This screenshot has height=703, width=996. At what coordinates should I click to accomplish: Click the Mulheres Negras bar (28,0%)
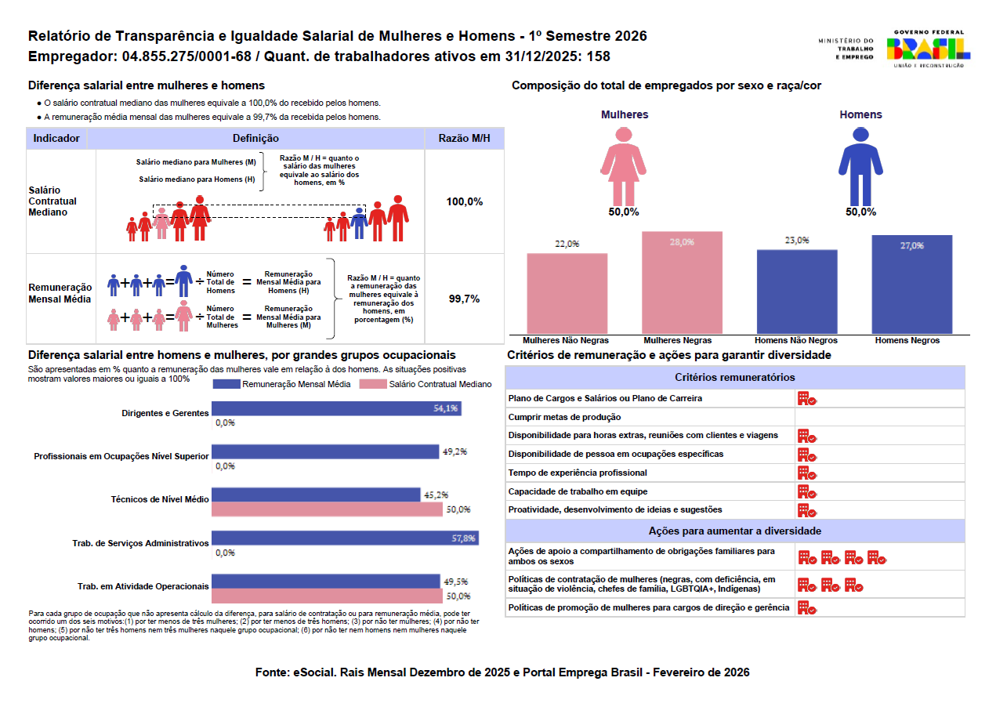click(681, 283)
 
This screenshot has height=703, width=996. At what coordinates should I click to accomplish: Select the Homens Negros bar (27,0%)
click(911, 284)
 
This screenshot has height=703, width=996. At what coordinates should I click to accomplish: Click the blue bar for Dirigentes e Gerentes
click(336, 408)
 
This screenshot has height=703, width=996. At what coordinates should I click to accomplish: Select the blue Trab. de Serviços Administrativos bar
click(345, 538)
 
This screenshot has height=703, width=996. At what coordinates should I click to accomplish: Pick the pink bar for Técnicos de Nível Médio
click(327, 509)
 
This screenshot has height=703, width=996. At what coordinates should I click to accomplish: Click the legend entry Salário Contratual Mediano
click(426, 384)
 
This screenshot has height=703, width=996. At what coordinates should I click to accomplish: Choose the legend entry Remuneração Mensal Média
click(283, 384)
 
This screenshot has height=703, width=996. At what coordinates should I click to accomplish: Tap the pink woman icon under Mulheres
click(624, 164)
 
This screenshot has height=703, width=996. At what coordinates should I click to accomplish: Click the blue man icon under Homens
click(860, 164)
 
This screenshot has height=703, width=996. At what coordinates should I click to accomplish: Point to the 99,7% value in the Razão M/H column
click(464, 299)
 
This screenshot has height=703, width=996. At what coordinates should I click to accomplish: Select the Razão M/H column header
click(464, 139)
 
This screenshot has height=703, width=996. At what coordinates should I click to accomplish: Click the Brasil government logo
click(928, 49)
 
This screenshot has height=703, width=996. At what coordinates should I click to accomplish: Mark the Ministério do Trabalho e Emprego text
click(846, 49)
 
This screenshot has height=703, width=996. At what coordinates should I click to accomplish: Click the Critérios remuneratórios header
click(734, 377)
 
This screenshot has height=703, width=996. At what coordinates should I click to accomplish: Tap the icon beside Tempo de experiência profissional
click(806, 473)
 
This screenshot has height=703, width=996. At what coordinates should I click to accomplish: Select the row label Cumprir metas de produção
click(564, 417)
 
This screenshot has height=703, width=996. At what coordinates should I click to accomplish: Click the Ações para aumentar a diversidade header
click(734, 531)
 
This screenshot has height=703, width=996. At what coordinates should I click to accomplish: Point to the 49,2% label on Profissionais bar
click(455, 452)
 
